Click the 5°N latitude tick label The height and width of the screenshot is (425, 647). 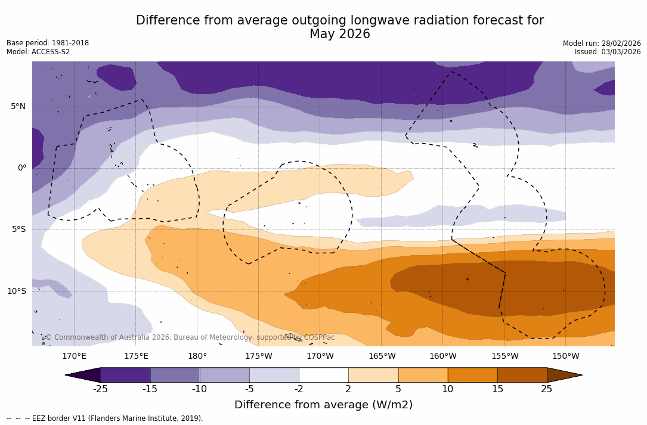click(x=18, y=107)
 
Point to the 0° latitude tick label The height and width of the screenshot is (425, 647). click(x=22, y=168)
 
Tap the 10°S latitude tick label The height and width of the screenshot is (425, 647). click(x=16, y=291)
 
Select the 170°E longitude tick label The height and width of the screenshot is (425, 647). click(x=74, y=356)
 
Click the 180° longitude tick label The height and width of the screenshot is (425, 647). click(x=197, y=356)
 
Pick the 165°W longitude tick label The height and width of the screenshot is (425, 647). click(x=382, y=356)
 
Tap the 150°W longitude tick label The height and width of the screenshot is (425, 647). click(x=565, y=356)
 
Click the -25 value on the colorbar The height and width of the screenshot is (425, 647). click(x=100, y=389)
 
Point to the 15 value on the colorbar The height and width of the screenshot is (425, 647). click(x=497, y=389)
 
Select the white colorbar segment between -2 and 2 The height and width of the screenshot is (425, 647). click(x=323, y=375)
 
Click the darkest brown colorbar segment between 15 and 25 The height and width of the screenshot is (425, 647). click(x=522, y=375)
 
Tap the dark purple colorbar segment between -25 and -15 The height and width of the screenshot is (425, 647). click(x=125, y=375)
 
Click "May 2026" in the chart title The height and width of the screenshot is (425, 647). click(x=339, y=35)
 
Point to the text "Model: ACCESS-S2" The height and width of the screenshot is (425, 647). click(x=38, y=52)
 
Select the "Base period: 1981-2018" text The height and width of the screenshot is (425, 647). click(x=48, y=43)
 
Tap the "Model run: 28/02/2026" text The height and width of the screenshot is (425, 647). click(x=602, y=44)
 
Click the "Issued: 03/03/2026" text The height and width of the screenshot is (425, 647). click(x=608, y=52)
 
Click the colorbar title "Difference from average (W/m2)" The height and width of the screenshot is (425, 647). click(x=323, y=405)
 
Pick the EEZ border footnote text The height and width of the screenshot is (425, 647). click(x=104, y=418)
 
